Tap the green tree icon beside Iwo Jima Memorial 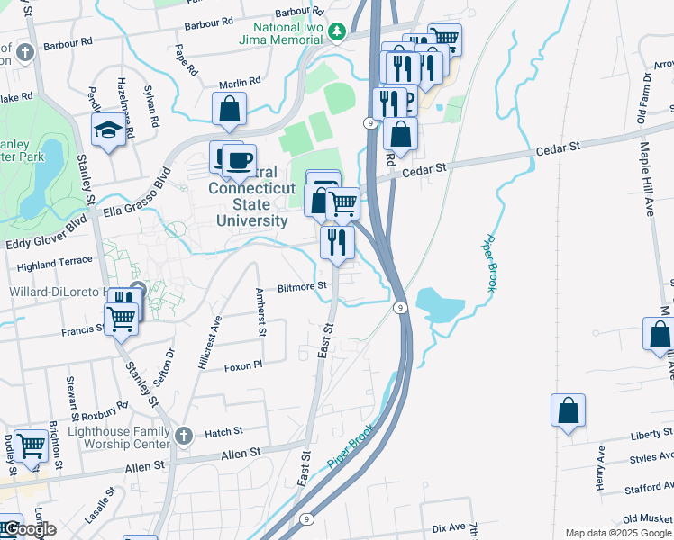pos(337,31)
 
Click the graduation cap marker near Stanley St pos(108,132)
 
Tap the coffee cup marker pos(239,160)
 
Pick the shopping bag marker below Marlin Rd pos(230,109)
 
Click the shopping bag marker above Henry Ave pos(569,410)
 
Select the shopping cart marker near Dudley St pos(31,445)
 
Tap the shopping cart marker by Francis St pos(121,317)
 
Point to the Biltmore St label pos(301,286)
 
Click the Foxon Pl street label pos(242,366)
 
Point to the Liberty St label pos(646,435)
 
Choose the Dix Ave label pos(448,526)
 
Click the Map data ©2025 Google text pos(617,533)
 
